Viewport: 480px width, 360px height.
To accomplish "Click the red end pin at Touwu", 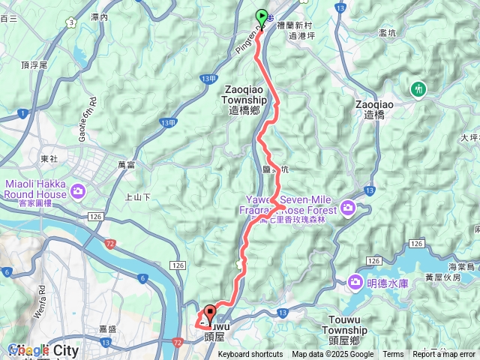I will click(x=209, y=313).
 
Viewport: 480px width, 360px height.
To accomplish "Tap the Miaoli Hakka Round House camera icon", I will click(x=78, y=191).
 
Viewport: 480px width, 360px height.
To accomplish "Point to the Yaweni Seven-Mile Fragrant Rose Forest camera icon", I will click(x=348, y=207).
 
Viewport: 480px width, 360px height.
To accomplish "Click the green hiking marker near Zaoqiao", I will click(x=418, y=89).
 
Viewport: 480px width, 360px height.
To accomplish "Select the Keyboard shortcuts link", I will click(x=250, y=354).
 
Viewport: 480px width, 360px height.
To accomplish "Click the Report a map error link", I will click(x=444, y=354).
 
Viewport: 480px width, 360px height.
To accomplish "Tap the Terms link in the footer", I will click(x=393, y=354).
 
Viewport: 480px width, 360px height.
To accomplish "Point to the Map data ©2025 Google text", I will click(x=333, y=354).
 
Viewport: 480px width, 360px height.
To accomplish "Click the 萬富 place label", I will click(x=126, y=163).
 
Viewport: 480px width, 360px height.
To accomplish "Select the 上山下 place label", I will click(x=137, y=197).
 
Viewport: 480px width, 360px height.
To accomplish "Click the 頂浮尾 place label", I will click(x=34, y=65).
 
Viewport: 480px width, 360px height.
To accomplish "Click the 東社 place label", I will click(x=49, y=159).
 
